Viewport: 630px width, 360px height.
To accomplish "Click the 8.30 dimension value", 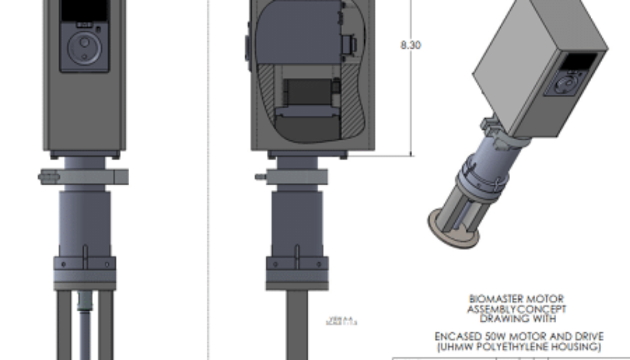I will tap(410, 45).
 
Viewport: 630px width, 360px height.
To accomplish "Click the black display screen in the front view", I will tap(84, 9).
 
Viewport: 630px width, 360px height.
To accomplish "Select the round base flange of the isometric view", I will tap(454, 228).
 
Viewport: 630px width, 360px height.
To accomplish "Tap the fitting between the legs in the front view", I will tap(84, 302).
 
